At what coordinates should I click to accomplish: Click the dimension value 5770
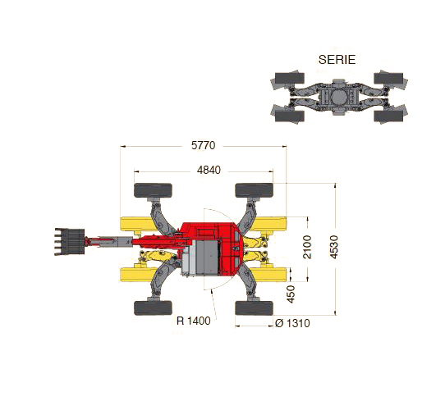coord(203,145)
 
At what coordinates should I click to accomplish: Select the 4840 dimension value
coord(209,170)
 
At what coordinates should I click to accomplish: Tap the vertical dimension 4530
coord(334,247)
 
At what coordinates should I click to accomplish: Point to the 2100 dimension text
coord(307,247)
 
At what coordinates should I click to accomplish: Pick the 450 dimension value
coord(291,294)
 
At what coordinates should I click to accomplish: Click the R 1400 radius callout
coord(194,321)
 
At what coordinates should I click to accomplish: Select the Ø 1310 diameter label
coord(292,323)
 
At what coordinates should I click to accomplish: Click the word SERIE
coord(337,60)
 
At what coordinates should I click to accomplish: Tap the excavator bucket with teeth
coord(70,242)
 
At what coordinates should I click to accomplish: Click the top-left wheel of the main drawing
coord(153,190)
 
